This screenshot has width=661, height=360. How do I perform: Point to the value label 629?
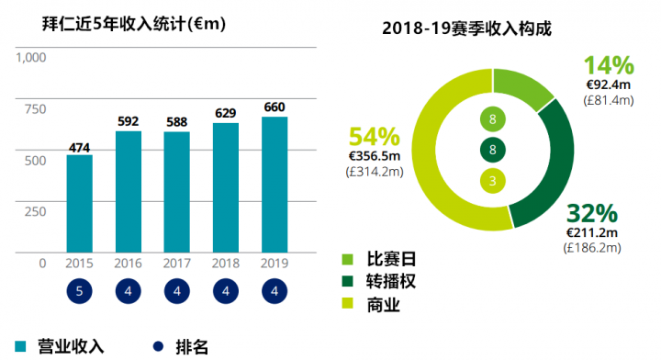[226, 113]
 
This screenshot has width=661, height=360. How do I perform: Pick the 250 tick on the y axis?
[35, 211]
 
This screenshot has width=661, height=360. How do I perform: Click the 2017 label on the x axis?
[177, 264]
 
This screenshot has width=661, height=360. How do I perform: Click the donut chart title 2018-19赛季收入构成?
[467, 28]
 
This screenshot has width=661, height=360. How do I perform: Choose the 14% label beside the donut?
[609, 66]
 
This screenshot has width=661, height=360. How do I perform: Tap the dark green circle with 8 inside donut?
[493, 151]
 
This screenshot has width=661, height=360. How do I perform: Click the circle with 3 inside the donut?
[493, 181]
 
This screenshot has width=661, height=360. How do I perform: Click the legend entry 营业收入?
[60, 346]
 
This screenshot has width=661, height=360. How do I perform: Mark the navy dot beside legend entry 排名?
[156, 346]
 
